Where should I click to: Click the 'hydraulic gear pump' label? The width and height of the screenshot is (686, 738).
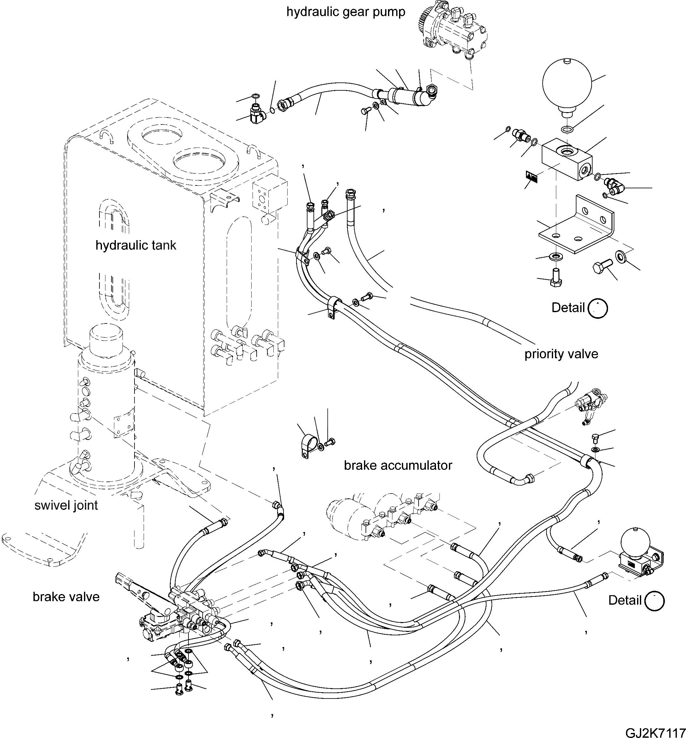click(345, 12)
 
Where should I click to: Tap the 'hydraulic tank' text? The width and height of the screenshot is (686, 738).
click(136, 245)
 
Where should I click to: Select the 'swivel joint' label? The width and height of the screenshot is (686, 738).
click(66, 505)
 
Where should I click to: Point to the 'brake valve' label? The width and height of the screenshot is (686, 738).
click(66, 596)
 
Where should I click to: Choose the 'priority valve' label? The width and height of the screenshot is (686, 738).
click(561, 354)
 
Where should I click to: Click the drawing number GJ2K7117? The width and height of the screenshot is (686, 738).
click(655, 731)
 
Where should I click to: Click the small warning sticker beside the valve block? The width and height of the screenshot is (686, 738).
click(532, 176)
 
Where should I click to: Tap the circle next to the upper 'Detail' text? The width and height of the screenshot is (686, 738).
click(598, 308)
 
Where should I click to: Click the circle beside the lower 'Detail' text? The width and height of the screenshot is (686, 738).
click(654, 601)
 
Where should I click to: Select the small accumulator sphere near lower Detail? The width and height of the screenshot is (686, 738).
click(635, 542)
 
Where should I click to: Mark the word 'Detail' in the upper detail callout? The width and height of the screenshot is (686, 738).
click(568, 307)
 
